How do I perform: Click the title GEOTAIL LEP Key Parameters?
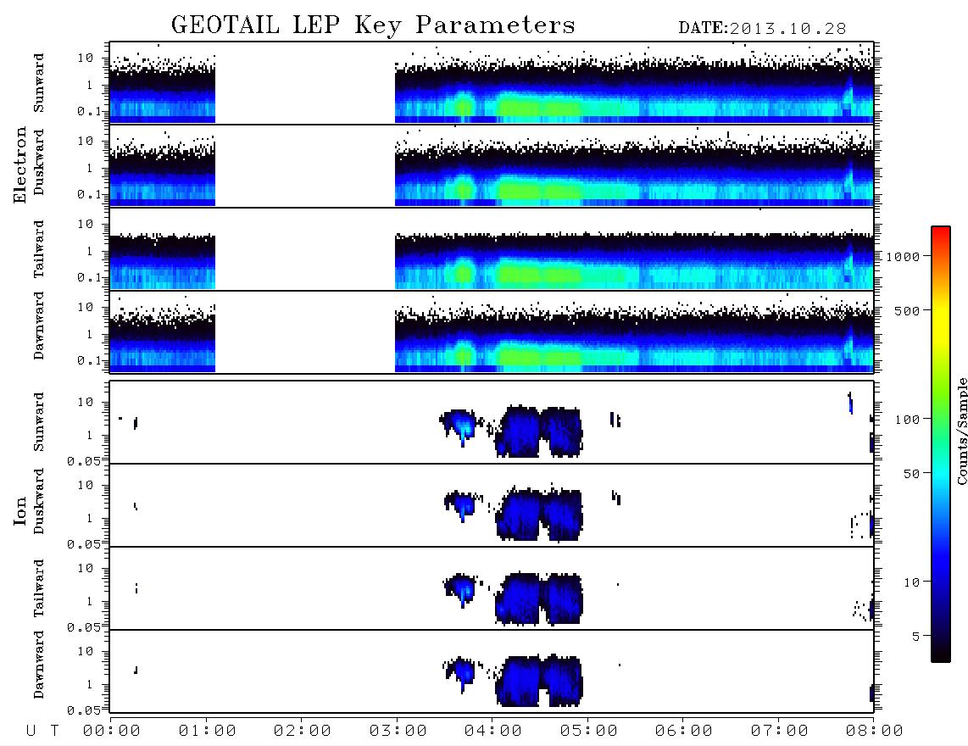click(373, 25)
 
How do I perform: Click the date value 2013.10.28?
click(787, 29)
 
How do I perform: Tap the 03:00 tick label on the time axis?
click(398, 732)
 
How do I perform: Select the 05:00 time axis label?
click(588, 732)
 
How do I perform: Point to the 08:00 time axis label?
click(874, 732)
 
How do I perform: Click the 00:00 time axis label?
click(112, 732)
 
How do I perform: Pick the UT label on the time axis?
click(42, 732)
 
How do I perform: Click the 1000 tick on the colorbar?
click(903, 256)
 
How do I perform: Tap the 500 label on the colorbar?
click(907, 310)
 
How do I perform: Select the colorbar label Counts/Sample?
click(961, 431)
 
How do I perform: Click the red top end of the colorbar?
click(940, 229)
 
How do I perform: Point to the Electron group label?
click(19, 164)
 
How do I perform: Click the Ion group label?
click(19, 510)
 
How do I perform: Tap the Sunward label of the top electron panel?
click(39, 83)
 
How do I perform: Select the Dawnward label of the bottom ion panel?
click(39, 664)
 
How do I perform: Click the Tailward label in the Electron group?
click(39, 249)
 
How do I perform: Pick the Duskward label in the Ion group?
click(39, 501)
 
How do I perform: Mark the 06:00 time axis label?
click(683, 732)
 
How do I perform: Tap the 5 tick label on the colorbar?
click(915, 636)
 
